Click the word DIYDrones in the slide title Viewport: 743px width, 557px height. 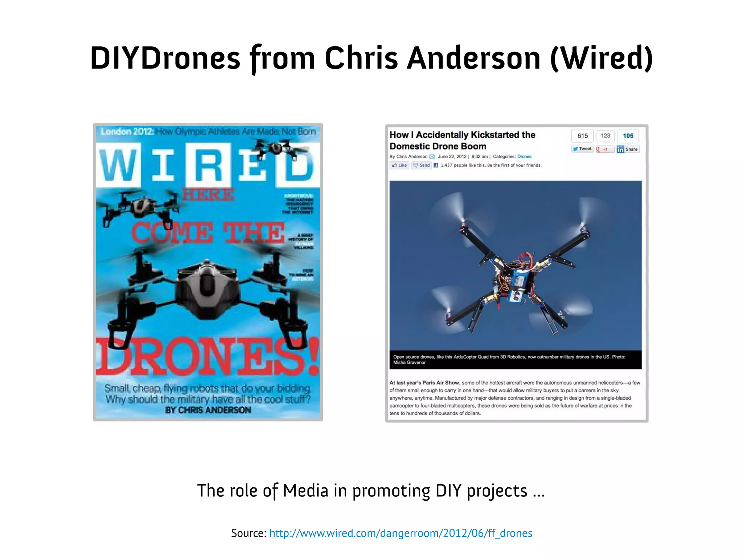point(165,58)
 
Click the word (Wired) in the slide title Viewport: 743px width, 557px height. point(601,58)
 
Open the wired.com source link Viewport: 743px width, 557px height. point(401,533)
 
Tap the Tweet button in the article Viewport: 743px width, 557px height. point(582,149)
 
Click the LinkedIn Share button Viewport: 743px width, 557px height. point(628,149)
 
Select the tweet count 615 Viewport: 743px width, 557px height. point(582,136)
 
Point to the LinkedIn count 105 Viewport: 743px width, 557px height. point(628,136)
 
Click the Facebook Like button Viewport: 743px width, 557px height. point(399,165)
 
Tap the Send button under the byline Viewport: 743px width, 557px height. point(422,165)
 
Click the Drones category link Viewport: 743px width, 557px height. point(524,157)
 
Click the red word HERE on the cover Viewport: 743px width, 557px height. point(208,195)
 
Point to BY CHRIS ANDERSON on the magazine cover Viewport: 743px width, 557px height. point(208,410)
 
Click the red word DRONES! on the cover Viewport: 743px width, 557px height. point(208,357)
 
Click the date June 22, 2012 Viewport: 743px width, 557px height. point(452,157)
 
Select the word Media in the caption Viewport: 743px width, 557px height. point(305,491)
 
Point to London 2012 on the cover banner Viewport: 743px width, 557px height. point(127,131)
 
